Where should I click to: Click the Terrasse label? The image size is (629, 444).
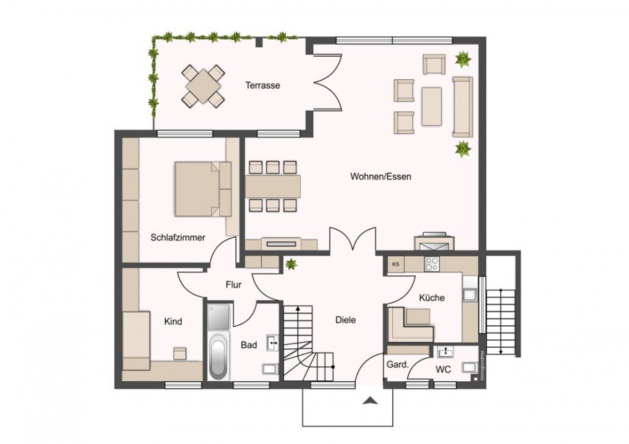coord(263,85)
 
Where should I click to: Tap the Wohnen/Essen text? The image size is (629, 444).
coord(381,176)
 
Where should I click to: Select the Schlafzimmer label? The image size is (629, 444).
coord(178,238)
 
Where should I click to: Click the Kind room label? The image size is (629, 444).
coord(173,321)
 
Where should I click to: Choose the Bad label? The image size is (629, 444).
coord(249,345)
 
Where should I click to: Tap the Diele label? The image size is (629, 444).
coord(345,319)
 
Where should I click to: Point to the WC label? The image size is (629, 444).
coord(444,370)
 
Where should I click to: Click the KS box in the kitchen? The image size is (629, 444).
coord(395,264)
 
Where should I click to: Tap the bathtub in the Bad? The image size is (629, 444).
coord(218,356)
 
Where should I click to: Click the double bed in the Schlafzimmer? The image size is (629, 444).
coord(202,188)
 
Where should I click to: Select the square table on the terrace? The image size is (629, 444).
coord(203,86)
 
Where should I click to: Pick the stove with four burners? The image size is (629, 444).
coord(433,264)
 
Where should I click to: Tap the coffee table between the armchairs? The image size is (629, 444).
coord(431,106)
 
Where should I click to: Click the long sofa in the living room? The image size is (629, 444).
coord(463,106)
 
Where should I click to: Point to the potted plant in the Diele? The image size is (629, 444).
coord(291,264)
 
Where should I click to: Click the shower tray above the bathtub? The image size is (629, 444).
coord(219,316)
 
